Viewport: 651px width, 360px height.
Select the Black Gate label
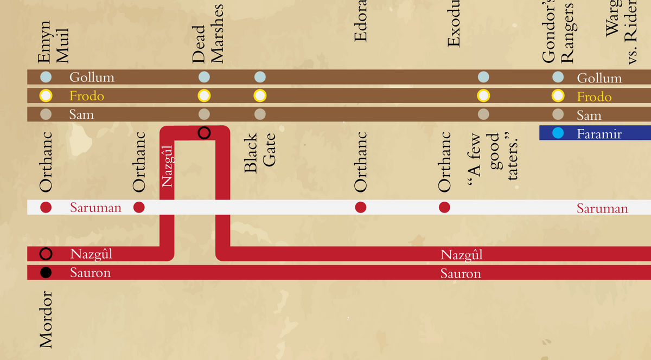[260, 154]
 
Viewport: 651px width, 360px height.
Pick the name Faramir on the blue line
[599, 134]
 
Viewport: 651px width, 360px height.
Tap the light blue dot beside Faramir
[558, 133]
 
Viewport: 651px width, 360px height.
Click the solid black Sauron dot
[46, 273]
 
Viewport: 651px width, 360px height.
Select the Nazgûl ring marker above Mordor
[46, 254]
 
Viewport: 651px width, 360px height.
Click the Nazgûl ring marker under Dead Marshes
[204, 133]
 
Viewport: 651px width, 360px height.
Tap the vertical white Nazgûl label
[167, 165]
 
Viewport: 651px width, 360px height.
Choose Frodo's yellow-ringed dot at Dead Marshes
[204, 96]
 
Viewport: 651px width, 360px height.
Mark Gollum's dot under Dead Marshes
[204, 77]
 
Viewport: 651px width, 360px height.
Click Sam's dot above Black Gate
[260, 114]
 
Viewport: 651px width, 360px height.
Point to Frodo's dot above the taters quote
[483, 96]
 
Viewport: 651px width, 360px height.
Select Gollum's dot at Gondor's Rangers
[558, 77]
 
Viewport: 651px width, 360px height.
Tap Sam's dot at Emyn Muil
[46, 114]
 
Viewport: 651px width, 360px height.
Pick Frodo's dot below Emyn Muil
[46, 96]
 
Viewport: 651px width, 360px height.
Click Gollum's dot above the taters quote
[483, 77]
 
